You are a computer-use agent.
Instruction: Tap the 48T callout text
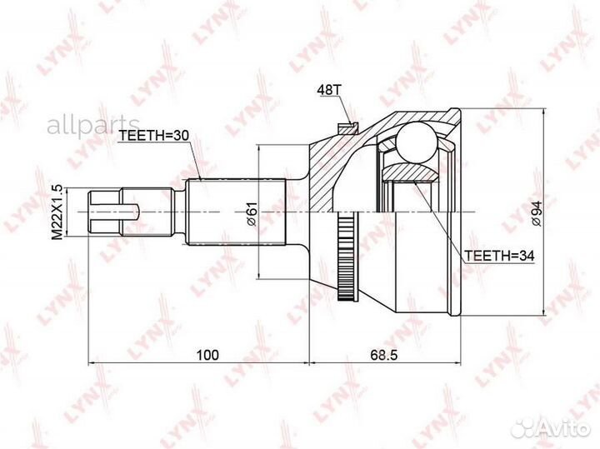[328, 89]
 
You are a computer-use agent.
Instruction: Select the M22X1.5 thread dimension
[57, 212]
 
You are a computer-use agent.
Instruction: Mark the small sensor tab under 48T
[347, 127]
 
